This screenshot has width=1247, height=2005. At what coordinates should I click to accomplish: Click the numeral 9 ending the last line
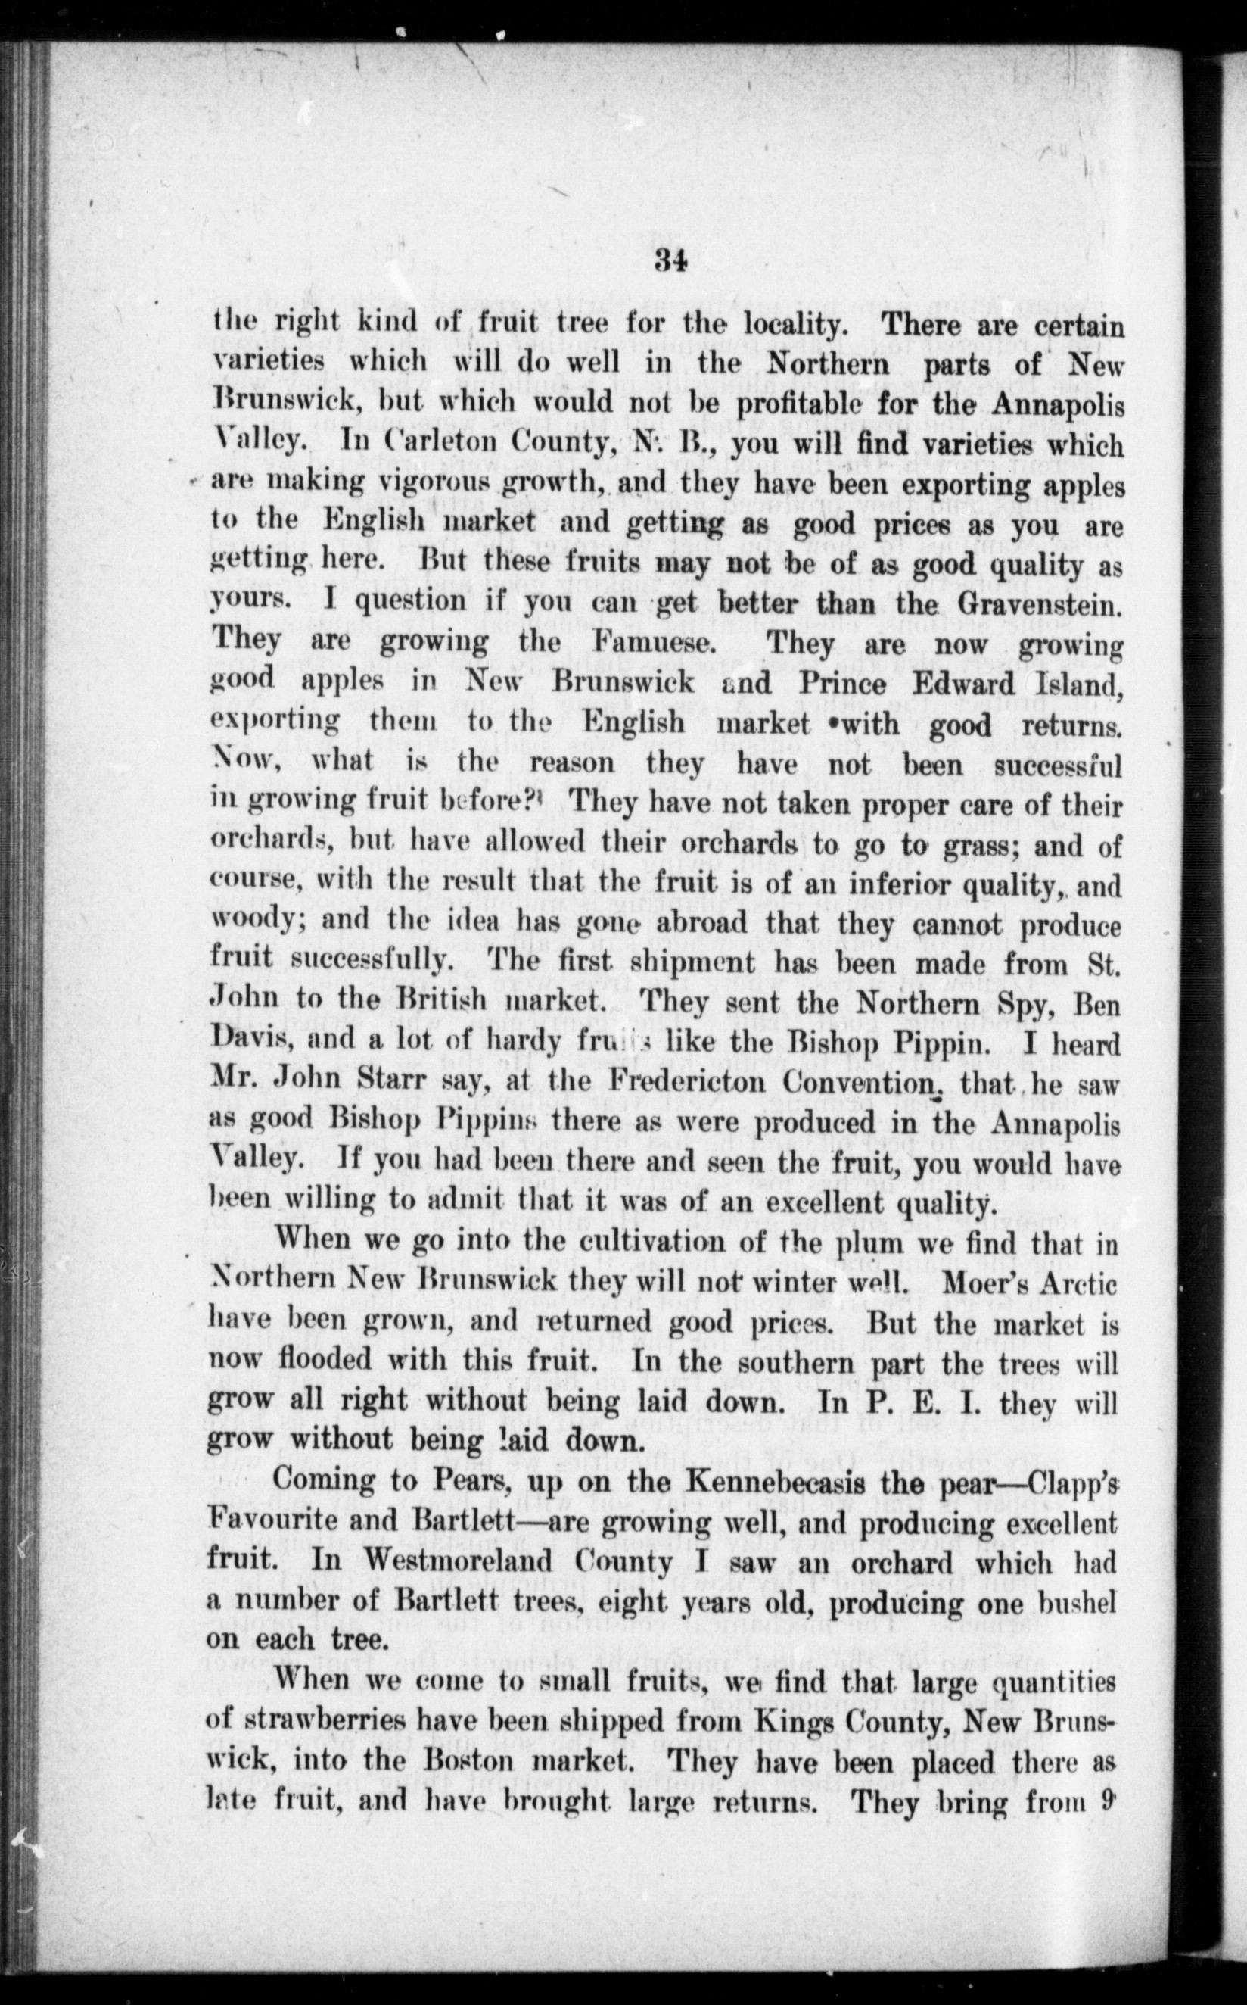coord(1109,1802)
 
